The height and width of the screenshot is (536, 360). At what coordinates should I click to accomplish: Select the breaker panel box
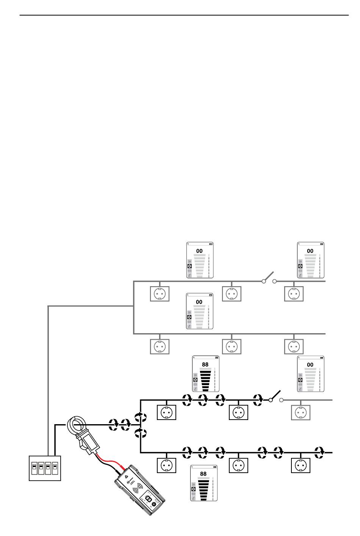[45, 468]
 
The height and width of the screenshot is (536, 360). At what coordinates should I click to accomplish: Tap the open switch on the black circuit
[276, 396]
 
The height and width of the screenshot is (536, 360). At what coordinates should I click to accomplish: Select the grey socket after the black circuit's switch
[301, 412]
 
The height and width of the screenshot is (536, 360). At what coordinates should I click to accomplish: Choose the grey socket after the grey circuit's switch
[294, 294]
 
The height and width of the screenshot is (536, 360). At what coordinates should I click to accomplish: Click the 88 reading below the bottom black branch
[203, 474]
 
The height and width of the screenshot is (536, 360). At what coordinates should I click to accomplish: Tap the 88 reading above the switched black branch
[205, 364]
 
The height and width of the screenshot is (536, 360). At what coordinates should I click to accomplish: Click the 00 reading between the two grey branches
[199, 302]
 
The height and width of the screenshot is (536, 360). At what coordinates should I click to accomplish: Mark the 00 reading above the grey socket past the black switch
[310, 365]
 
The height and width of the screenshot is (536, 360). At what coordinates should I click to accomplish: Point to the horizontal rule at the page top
[184, 15]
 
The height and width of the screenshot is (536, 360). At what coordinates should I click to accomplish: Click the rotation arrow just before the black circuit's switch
[258, 400]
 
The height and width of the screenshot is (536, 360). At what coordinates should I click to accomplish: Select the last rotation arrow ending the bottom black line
[319, 453]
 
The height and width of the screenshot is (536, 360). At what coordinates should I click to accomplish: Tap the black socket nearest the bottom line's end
[301, 465]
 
